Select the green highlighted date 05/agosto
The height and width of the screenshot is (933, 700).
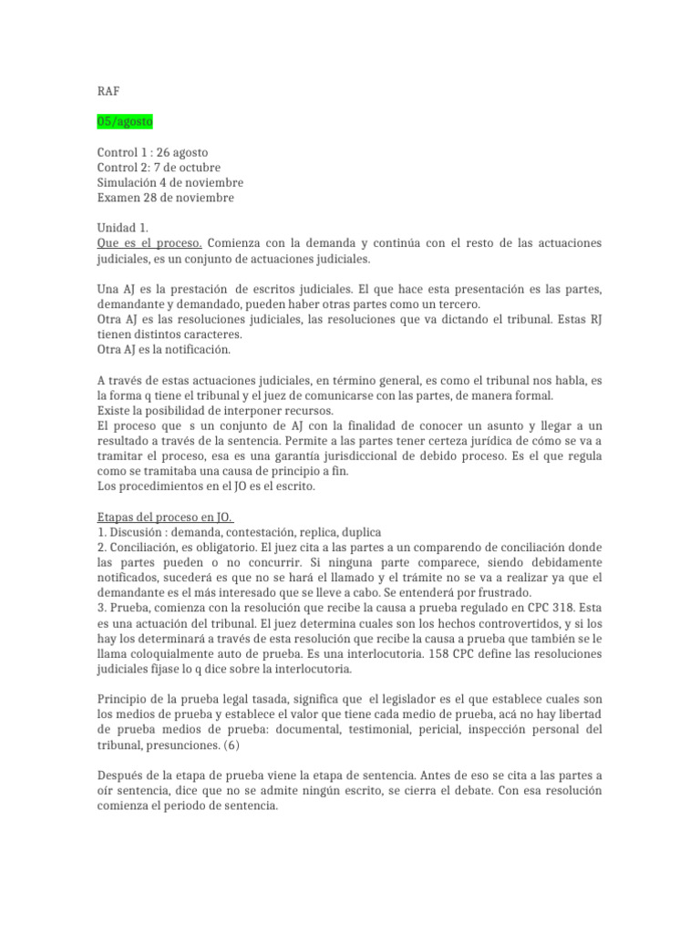(126, 121)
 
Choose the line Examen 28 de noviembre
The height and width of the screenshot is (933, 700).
(166, 198)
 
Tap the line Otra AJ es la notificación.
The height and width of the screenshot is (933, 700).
(164, 349)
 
